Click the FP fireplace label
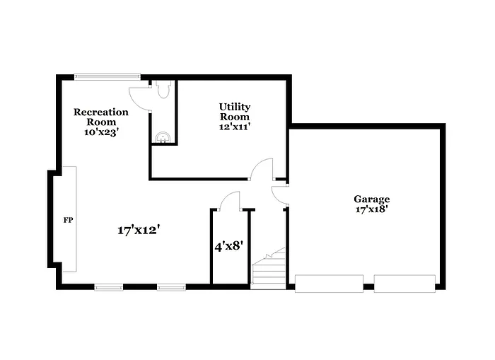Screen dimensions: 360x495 [68, 220]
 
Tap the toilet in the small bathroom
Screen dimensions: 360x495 [164, 89]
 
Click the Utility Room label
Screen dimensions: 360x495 [234, 112]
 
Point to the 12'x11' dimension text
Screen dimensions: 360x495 [234, 127]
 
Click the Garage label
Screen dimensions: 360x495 [372, 199]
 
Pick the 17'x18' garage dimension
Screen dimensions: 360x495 [372, 209]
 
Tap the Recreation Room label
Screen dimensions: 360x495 [101, 117]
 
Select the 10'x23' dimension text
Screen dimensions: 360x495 [101, 132]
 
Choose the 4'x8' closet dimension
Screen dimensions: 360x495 [229, 246]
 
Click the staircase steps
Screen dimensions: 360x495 [269, 269]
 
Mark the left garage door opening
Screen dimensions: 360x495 [329, 284]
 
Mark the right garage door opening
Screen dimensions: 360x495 [404, 284]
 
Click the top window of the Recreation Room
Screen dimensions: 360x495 [107, 76]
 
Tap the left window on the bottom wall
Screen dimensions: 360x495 [109, 287]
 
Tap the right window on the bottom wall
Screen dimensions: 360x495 [171, 287]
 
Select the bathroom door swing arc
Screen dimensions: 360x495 [139, 100]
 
